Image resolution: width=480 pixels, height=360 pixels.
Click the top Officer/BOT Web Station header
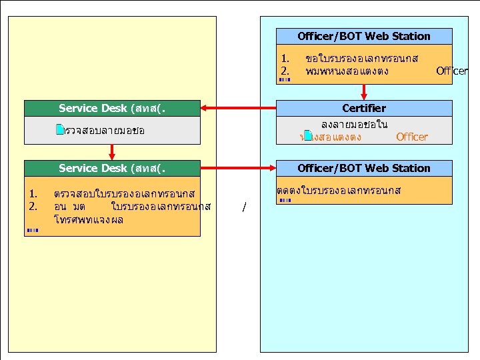(x=363, y=36)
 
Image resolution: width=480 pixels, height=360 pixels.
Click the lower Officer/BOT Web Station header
(x=363, y=168)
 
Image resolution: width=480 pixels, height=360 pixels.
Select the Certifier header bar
(x=363, y=108)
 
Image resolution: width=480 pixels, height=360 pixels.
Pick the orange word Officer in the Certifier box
(x=411, y=137)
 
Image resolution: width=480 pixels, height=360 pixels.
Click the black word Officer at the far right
(x=452, y=71)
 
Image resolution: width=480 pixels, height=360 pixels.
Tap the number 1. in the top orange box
(x=285, y=59)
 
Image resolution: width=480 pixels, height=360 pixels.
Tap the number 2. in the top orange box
(x=285, y=71)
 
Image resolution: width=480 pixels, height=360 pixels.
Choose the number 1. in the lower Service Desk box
(x=33, y=194)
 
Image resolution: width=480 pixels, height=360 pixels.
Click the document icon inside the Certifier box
(x=307, y=136)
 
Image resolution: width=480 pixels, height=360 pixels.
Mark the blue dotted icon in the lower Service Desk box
(x=33, y=230)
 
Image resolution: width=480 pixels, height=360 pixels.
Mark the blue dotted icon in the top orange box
(x=285, y=80)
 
